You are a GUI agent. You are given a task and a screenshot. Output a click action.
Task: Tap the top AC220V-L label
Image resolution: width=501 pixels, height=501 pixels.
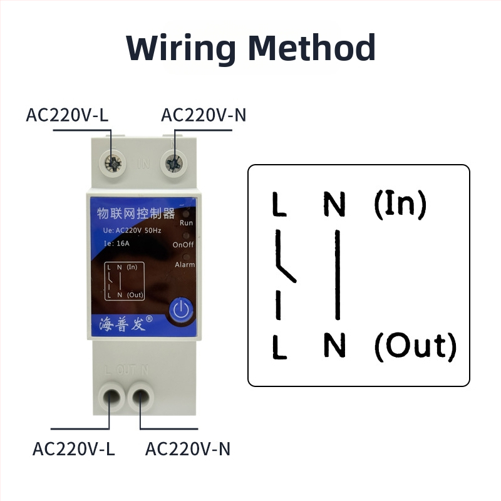point(67,115)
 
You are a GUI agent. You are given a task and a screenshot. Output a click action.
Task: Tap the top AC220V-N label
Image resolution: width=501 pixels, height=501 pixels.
point(202,115)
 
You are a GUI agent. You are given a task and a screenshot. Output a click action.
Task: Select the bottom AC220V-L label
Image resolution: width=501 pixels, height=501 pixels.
point(74,449)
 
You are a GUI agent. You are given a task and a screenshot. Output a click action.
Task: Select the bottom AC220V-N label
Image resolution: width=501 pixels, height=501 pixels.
point(188,449)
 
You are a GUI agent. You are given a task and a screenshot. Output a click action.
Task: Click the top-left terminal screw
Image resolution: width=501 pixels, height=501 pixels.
point(113,164)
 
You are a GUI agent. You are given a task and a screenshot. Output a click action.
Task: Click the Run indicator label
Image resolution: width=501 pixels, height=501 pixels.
point(186,223)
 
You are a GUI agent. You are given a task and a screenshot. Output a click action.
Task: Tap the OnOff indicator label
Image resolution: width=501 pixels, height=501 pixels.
point(183,244)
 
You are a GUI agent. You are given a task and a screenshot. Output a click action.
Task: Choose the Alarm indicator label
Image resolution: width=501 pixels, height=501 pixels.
point(185,265)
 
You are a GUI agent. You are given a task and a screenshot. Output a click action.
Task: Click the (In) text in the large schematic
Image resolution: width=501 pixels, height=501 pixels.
point(400,204)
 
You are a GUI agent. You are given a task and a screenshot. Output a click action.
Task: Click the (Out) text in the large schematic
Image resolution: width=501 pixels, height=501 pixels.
point(415,346)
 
